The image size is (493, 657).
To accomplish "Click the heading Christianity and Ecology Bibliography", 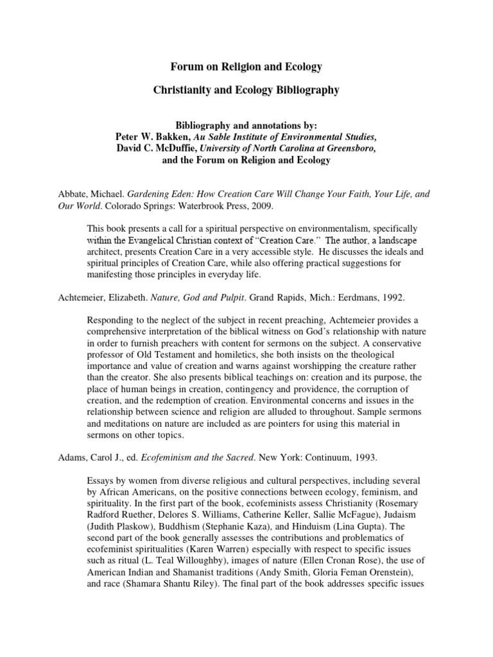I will coord(246,90).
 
